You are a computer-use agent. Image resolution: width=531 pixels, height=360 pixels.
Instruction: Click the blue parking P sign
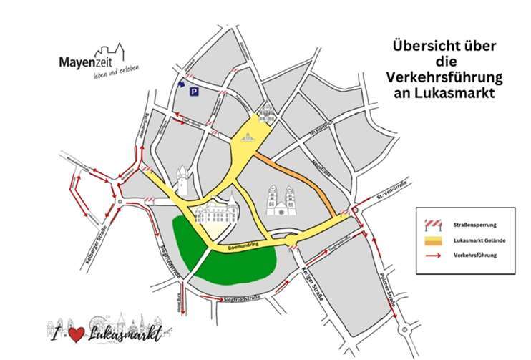pyautogui.click(x=193, y=92)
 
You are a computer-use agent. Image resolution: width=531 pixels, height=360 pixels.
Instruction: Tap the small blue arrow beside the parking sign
pyautogui.click(x=180, y=83)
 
